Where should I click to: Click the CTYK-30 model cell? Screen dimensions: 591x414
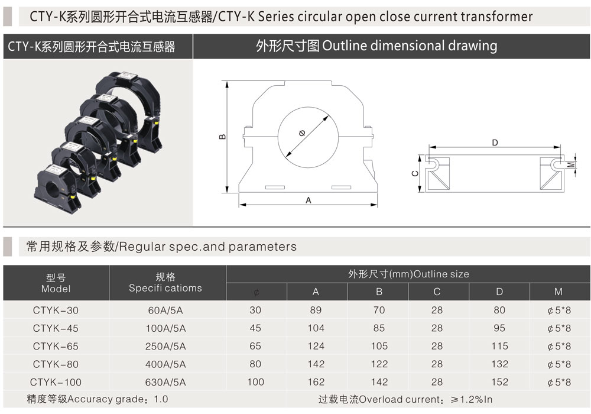point(56,310)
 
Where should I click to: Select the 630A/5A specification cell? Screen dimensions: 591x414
point(165,382)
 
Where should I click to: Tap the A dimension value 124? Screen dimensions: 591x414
point(316,346)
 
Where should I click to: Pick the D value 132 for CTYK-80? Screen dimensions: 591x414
point(499,364)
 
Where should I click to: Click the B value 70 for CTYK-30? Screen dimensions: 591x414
point(379,310)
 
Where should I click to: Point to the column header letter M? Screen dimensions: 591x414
point(558,292)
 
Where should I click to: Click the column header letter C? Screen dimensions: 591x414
point(437,292)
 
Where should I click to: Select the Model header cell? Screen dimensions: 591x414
point(56,283)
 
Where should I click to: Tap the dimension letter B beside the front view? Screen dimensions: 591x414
point(222,137)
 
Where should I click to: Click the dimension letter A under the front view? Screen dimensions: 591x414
point(309,200)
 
